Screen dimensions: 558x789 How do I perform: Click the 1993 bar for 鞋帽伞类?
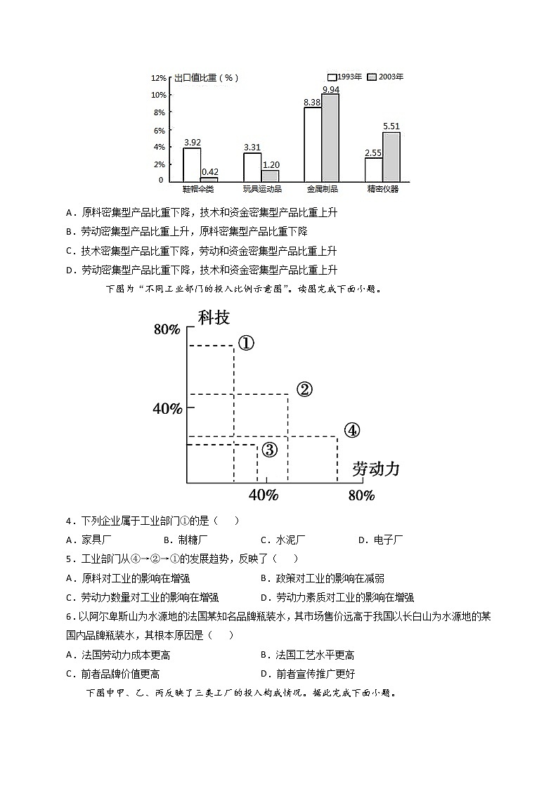192,164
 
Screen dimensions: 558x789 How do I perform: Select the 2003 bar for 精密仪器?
391,157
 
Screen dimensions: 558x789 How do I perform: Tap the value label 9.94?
331,89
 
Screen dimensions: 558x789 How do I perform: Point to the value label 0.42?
209,172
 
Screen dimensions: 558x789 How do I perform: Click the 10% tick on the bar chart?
159,95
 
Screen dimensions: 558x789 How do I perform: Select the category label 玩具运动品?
262,189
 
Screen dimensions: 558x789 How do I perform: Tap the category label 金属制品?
323,189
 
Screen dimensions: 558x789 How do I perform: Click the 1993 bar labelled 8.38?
313,144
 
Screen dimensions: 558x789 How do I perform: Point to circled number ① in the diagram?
245,343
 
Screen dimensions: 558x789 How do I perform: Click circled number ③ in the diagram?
270,450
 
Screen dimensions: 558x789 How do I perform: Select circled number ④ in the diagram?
351,430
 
